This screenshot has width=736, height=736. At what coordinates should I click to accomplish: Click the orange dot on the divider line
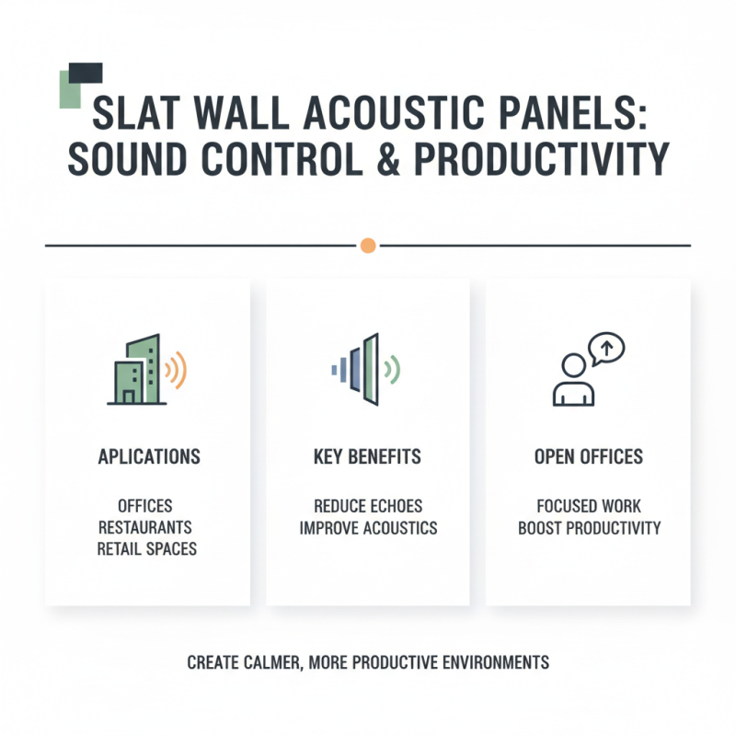click(x=368, y=246)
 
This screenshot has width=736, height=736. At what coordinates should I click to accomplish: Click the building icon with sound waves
click(x=137, y=370)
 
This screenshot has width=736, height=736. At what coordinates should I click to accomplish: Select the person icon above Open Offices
click(x=573, y=379)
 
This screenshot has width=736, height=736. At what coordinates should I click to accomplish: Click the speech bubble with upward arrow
click(x=607, y=348)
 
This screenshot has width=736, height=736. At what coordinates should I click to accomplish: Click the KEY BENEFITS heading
click(x=367, y=457)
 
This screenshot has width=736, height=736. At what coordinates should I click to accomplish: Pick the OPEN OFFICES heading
click(x=589, y=457)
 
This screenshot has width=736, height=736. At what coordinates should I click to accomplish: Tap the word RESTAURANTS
click(x=145, y=527)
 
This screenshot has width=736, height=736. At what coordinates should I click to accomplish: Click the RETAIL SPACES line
click(x=147, y=548)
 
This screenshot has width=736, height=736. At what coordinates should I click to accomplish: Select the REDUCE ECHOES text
click(x=367, y=507)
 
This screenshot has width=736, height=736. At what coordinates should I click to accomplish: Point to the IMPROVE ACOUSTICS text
click(x=367, y=528)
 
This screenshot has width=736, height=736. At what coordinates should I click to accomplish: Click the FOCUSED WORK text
click(x=589, y=507)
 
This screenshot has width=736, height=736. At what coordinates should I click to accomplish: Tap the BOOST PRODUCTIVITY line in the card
click(x=589, y=528)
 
